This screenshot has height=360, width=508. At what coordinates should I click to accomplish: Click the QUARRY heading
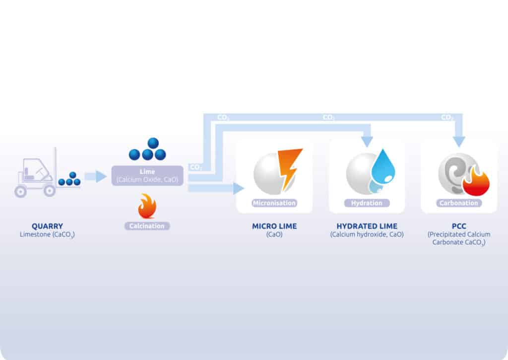(x=47, y=226)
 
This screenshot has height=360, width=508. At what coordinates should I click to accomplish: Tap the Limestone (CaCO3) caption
(x=47, y=234)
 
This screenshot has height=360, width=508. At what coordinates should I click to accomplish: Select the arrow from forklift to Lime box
(x=95, y=176)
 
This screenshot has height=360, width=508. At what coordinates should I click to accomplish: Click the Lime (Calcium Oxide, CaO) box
(x=147, y=175)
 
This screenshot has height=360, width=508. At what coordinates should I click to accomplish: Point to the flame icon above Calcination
(x=147, y=207)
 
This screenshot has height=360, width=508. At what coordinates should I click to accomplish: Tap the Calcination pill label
(x=147, y=226)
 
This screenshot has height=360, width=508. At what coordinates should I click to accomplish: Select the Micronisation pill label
(x=274, y=203)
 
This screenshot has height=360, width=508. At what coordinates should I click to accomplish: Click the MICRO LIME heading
(x=274, y=226)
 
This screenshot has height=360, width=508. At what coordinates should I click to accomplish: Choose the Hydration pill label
(x=367, y=203)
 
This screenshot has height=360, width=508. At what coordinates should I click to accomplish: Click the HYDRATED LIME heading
(x=367, y=226)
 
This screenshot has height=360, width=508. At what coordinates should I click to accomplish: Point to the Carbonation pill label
(x=459, y=203)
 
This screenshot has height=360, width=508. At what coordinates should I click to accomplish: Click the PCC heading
(x=459, y=226)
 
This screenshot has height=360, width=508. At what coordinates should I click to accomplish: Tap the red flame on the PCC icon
(x=476, y=183)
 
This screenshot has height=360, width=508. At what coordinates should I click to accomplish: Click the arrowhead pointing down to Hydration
(x=367, y=142)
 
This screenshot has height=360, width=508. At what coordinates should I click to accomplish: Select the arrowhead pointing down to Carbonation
(x=459, y=142)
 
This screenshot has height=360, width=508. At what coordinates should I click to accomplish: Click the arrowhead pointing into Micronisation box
(x=239, y=188)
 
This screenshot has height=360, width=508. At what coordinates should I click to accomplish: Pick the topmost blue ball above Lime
(x=153, y=143)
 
